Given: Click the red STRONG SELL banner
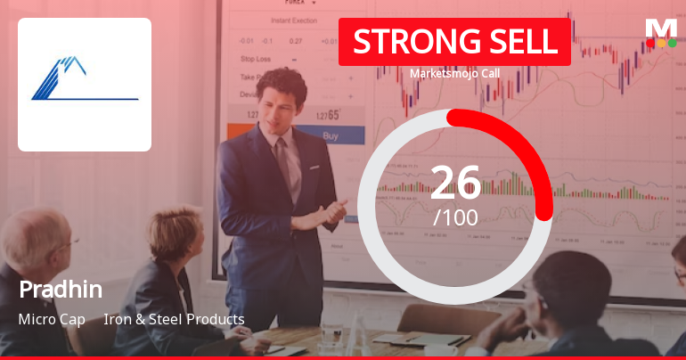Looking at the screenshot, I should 454,42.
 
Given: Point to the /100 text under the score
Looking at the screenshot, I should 455,217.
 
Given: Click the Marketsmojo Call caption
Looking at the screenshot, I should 454,75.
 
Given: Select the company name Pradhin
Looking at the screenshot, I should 61,290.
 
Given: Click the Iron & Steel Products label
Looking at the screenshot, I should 174,319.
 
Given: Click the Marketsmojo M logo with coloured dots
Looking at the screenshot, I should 661,32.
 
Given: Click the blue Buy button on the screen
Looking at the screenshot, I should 330,136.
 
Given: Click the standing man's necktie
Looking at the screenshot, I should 283,160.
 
